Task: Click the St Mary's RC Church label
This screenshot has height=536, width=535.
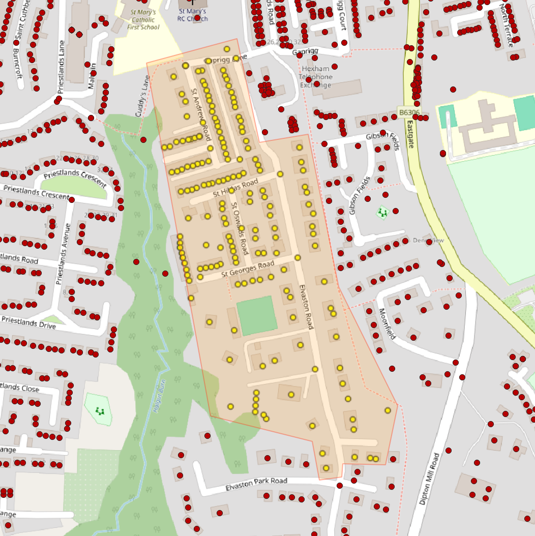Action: [193, 15]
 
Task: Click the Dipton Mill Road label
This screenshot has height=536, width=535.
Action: [428, 478]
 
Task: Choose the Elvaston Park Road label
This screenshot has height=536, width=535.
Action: [256, 485]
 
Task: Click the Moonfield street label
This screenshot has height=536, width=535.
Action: [387, 324]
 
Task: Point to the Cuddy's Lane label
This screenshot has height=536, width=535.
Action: [143, 97]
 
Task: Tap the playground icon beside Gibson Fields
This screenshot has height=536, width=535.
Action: [382, 212]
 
